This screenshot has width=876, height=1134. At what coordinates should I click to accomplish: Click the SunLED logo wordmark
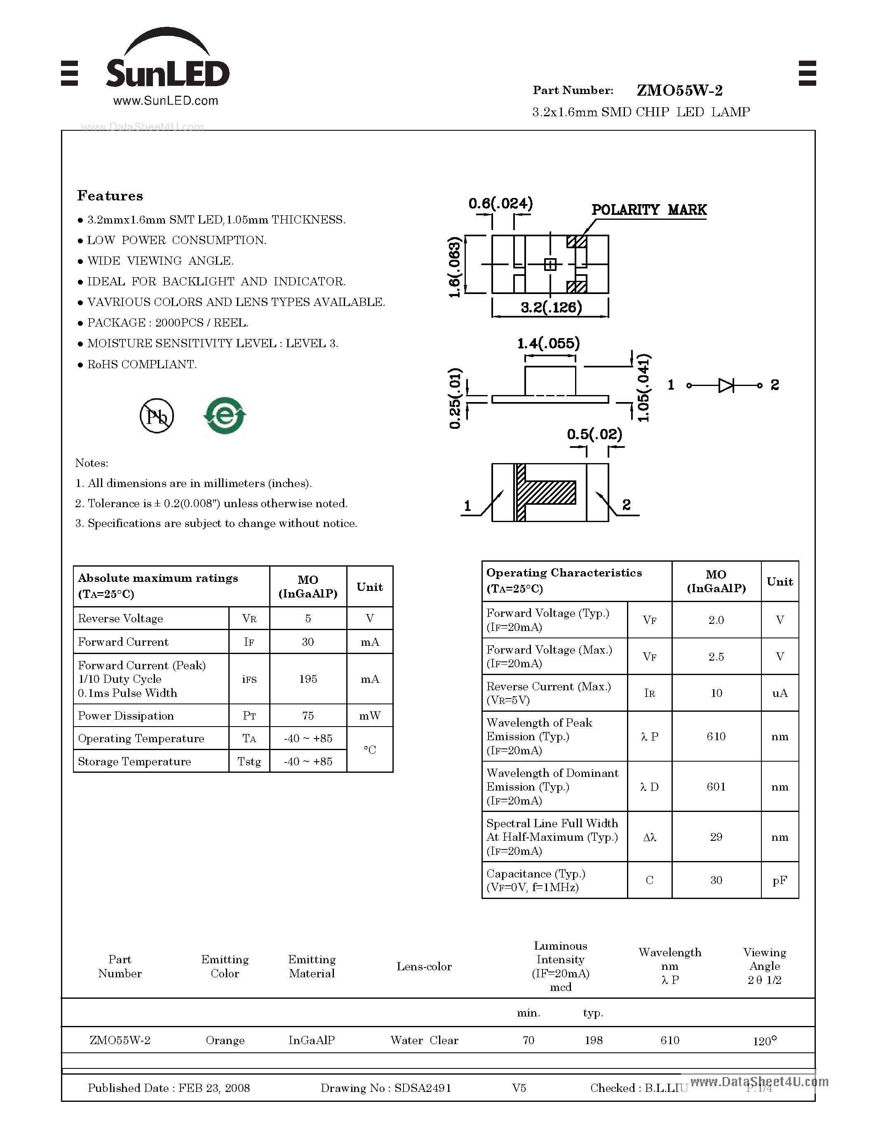pos(167,73)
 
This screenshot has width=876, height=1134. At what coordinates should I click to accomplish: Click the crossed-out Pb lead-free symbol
pos(157,416)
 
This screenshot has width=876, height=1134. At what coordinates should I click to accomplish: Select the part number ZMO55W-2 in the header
pos(679,90)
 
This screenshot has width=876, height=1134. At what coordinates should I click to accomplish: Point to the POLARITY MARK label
pos(649,210)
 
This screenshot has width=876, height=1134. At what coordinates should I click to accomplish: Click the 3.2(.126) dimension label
pos(551,307)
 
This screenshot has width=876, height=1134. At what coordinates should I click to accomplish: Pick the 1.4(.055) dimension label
pos(549,343)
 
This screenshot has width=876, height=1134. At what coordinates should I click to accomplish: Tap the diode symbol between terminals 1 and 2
pos(726,385)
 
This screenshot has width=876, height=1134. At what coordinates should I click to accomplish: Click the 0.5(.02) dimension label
pos(594,434)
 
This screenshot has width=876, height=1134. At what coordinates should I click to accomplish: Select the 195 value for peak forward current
pos(308,679)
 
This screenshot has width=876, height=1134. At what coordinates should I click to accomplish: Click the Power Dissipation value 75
pos(308,715)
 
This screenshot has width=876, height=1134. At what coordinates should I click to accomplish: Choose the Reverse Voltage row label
pos(120,619)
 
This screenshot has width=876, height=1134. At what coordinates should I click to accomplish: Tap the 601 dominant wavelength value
pos(716,787)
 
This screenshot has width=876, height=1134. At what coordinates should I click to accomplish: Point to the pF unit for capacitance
pos(780,880)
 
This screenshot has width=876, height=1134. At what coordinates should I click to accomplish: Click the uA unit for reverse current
pos(780,693)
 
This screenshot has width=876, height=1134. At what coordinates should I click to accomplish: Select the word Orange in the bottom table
pos(225,1040)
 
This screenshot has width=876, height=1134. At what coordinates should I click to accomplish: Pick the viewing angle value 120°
pos(764,1040)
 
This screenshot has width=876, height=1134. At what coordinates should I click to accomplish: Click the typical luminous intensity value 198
pos(594,1040)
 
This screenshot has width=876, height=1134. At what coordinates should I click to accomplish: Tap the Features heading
pos(110,196)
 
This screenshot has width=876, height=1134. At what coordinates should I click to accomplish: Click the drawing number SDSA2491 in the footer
pos(423,1088)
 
